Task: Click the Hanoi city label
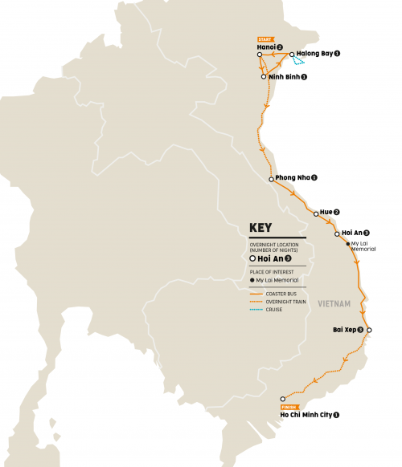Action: [x=266, y=47]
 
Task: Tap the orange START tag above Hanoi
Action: [x=266, y=39]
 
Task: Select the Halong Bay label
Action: [x=314, y=54]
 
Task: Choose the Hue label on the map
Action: [x=326, y=212]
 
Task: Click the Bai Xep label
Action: [x=348, y=329]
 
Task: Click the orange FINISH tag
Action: [x=290, y=406]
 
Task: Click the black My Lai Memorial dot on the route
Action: [x=347, y=244]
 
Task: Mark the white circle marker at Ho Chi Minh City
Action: [x=282, y=399]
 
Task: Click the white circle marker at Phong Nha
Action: [x=271, y=179]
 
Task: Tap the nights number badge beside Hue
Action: [x=337, y=212]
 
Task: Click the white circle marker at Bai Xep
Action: [x=370, y=329]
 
